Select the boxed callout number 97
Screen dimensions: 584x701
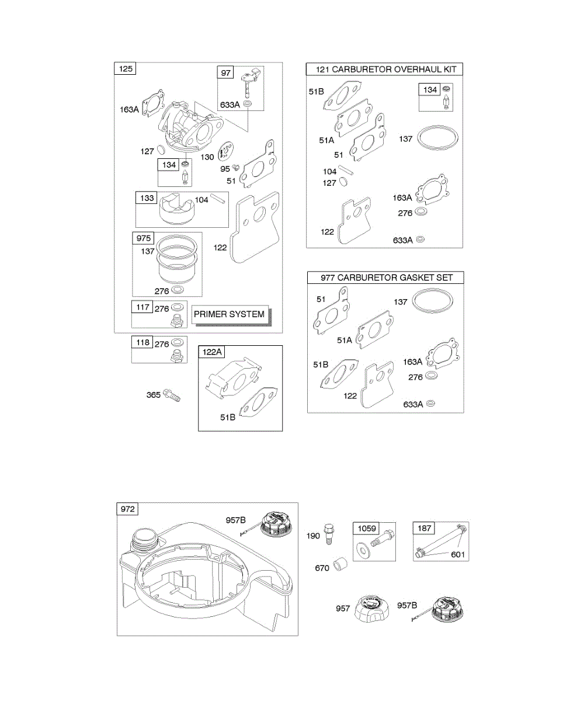coord(225,72)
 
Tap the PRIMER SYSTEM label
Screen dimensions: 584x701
coord(229,314)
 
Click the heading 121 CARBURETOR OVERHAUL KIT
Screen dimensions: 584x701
coord(385,70)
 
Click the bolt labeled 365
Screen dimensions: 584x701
coord(172,395)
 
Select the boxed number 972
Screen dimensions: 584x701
coord(127,509)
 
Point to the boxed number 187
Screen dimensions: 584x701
coord(423,529)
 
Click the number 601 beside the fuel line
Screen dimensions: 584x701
coord(458,554)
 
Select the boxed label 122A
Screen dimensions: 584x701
coord(213,352)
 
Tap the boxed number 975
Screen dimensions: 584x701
coord(144,239)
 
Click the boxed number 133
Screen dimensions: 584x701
coord(147,198)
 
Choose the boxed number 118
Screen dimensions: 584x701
coord(143,342)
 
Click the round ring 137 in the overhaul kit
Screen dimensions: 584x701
coord(439,138)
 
